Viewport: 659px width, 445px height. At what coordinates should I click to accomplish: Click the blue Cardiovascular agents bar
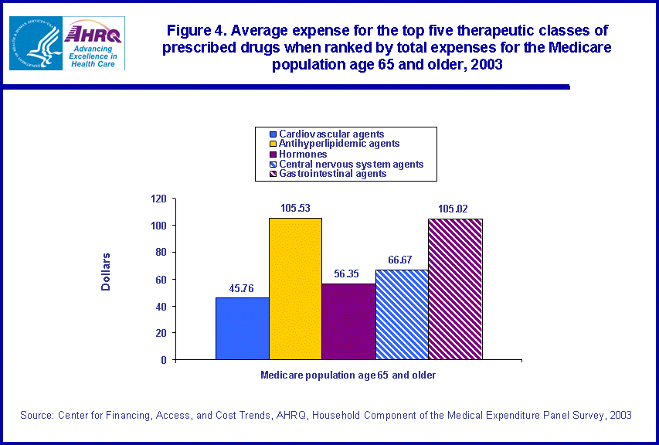(x=242, y=328)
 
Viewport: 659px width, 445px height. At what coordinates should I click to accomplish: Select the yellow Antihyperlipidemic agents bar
(x=295, y=289)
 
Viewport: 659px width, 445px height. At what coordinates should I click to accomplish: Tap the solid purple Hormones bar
(x=348, y=321)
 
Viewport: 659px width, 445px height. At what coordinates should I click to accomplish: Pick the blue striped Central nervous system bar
(x=402, y=314)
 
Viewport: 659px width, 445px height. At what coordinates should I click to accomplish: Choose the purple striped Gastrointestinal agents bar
(x=455, y=289)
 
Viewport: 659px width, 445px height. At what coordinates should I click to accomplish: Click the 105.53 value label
(x=295, y=209)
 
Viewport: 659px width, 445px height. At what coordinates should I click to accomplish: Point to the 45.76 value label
(x=242, y=289)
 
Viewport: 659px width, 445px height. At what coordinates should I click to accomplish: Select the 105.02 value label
(x=454, y=209)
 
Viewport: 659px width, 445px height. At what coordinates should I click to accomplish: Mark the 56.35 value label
(x=348, y=274)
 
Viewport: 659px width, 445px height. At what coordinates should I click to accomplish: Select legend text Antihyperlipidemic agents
(x=339, y=144)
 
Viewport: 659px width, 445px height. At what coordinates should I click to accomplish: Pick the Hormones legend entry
(x=303, y=154)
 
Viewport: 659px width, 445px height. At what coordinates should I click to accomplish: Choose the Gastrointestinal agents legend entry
(x=333, y=174)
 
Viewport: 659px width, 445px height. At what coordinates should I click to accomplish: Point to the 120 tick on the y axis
(x=158, y=199)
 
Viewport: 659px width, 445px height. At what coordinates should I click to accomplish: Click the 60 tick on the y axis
(x=161, y=280)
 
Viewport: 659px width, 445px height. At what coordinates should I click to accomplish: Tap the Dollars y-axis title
(x=106, y=272)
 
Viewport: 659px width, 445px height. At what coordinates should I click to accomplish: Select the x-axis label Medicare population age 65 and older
(x=348, y=375)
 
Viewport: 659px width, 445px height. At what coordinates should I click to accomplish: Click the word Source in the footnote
(x=36, y=416)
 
